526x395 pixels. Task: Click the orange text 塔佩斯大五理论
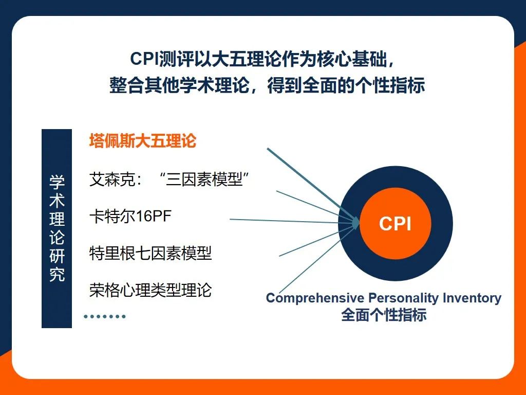coord(143,141)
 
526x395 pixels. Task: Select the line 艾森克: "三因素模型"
coord(169,179)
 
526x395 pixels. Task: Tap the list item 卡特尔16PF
coord(130,217)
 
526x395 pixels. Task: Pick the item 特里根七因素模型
coord(151,253)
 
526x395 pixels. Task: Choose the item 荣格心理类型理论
coord(151,290)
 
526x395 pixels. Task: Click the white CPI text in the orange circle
coord(395,224)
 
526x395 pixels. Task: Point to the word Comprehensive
coord(315,298)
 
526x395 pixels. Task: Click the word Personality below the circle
coord(404,298)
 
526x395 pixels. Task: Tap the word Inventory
coord(472,298)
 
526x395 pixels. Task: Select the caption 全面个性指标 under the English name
coord(384,315)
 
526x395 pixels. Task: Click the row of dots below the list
coord(105,316)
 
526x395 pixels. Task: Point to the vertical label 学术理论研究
coord(57,228)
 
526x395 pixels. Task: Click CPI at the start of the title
coord(144,59)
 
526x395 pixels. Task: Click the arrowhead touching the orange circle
coord(355,222)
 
